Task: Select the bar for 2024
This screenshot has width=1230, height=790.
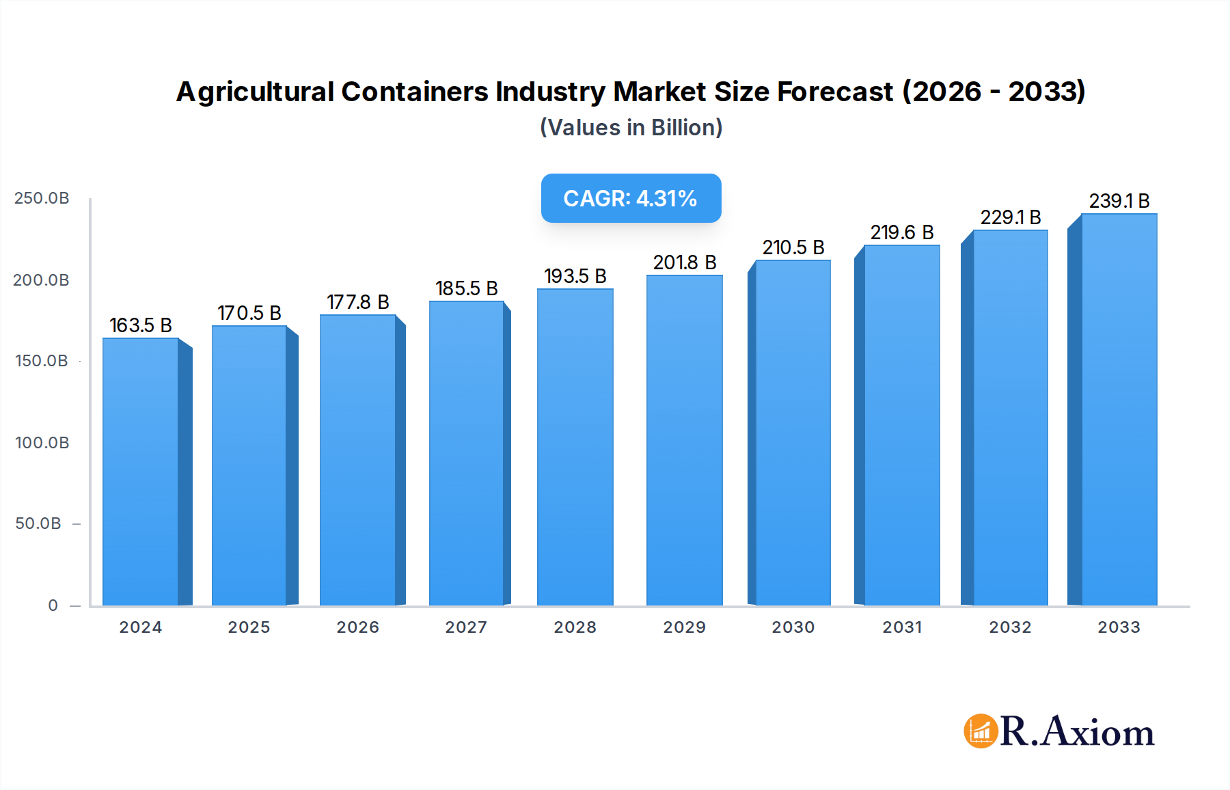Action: tap(141, 472)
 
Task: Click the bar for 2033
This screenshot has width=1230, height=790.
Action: tap(1119, 410)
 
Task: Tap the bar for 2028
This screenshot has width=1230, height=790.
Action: tap(575, 448)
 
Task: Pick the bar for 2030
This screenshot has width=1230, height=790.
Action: tap(793, 433)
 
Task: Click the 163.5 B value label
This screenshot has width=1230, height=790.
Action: tap(141, 325)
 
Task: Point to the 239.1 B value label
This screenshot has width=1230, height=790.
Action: tap(1119, 201)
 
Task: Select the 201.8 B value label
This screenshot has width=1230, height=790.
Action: tap(685, 262)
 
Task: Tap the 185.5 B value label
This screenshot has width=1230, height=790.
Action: tap(467, 288)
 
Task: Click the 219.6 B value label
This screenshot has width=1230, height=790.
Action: tap(902, 232)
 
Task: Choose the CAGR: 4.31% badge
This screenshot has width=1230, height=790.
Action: tap(631, 198)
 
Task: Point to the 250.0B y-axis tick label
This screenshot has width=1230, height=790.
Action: tap(42, 198)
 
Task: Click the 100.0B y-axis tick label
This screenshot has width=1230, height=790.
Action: tap(42, 443)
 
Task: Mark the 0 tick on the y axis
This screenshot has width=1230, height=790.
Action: tap(53, 605)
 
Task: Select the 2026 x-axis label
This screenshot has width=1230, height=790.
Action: tap(357, 627)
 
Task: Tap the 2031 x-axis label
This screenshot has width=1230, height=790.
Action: tap(902, 627)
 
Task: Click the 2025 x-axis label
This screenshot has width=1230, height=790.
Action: tap(249, 627)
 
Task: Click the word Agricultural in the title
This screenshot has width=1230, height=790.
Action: tap(256, 92)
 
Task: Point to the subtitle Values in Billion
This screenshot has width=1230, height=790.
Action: tap(631, 128)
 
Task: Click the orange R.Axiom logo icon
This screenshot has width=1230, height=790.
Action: tap(981, 731)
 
